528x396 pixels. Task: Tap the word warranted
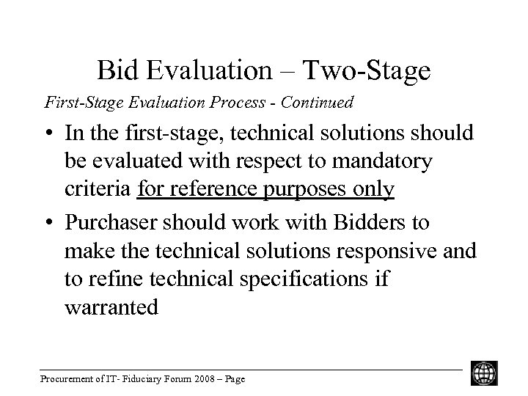pos(111,308)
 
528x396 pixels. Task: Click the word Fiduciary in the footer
pos(130,379)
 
